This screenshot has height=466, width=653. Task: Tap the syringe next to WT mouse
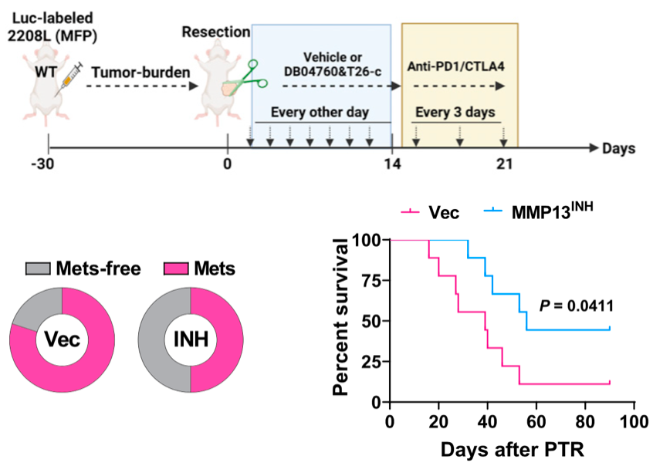pos(70,79)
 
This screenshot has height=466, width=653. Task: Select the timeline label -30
pos(48,164)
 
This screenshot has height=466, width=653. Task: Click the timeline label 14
pos(392,164)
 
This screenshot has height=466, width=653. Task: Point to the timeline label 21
pos(504,164)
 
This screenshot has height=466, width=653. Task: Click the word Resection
pos(216,32)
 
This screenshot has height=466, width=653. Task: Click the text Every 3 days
pos(455,113)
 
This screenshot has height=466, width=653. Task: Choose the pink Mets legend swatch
pos(176,268)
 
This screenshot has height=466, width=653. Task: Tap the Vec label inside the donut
pos(62,341)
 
